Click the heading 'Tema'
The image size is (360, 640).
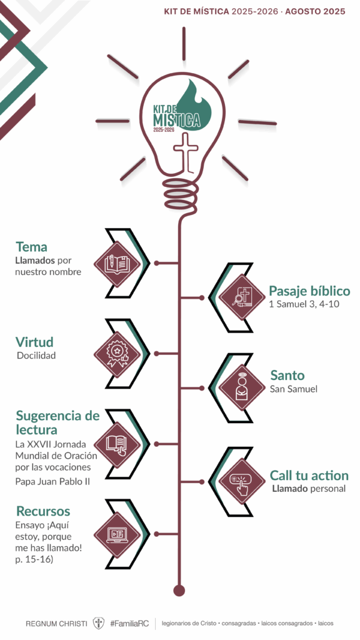coord(31,247)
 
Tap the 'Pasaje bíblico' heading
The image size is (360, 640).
coord(309,291)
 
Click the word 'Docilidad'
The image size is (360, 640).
coord(36,356)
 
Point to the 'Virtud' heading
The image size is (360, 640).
coord(35,342)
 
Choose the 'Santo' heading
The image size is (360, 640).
coord(287,375)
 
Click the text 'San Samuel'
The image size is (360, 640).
coord(294,389)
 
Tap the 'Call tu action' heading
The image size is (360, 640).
coord(309,476)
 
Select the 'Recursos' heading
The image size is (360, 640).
coord(43,511)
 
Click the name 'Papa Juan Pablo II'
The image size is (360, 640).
coord(52,482)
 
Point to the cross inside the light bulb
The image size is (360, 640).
coord(186,152)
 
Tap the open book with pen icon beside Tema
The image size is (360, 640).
coord(117,264)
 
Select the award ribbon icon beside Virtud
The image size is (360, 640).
coord(117,354)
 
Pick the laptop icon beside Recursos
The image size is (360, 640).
coord(117,535)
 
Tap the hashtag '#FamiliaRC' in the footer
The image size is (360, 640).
coord(129,624)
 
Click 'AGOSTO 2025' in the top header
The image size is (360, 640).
coord(315,12)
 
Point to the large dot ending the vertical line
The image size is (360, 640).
coord(179,590)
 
